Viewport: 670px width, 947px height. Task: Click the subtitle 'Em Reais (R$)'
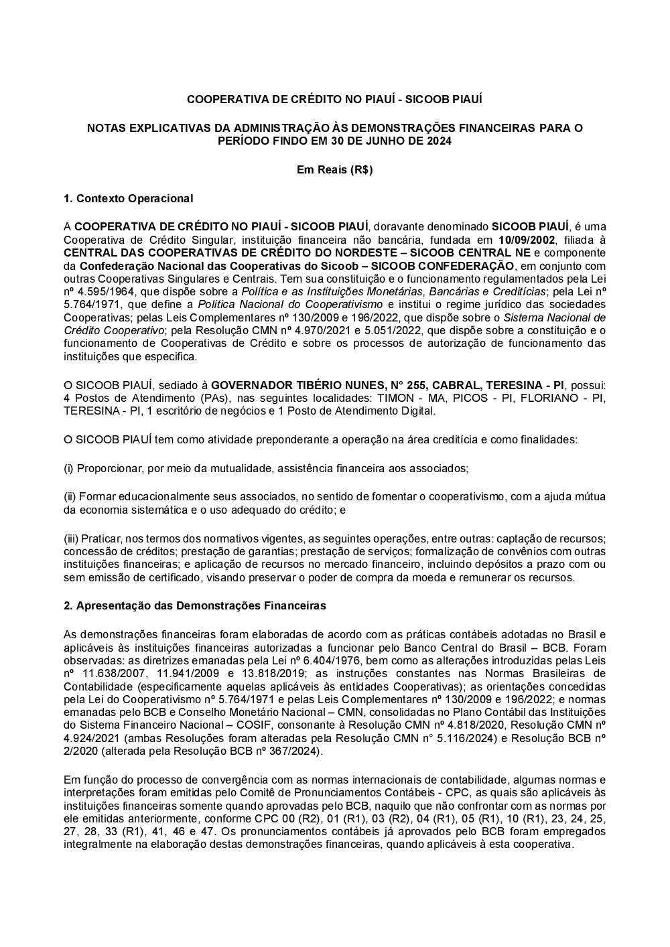pyautogui.click(x=334, y=170)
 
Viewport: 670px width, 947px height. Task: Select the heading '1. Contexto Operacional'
pyautogui.click(x=128, y=198)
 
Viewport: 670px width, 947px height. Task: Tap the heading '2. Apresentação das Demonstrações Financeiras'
pyautogui.click(x=194, y=605)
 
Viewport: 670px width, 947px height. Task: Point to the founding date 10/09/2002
pyautogui.click(x=527, y=240)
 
